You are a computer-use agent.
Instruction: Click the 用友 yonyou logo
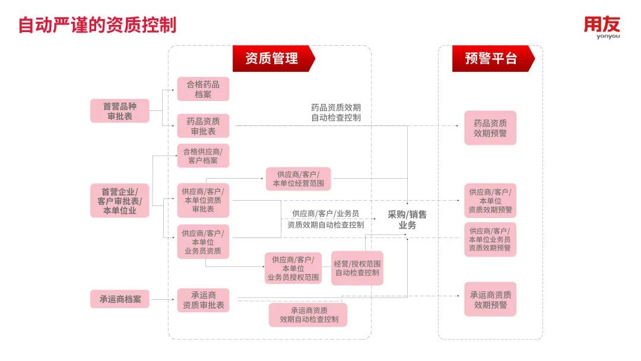(602, 27)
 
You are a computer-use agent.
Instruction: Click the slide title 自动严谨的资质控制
(97, 26)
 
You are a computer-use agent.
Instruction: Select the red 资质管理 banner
(272, 58)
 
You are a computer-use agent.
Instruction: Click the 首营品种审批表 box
(120, 111)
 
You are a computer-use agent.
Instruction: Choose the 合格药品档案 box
(203, 89)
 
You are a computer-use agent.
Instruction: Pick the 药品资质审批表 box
(203, 126)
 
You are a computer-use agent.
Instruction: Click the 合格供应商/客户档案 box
(203, 156)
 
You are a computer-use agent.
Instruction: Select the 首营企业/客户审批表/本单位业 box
(120, 201)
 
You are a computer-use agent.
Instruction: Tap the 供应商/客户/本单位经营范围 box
(298, 179)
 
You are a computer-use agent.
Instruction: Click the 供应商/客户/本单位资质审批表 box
(203, 200)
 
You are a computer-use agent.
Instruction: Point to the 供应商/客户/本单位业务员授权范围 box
(293, 268)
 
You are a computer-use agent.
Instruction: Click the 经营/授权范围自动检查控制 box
(357, 268)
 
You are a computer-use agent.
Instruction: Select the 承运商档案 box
(120, 299)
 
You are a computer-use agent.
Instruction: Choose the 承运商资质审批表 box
(203, 300)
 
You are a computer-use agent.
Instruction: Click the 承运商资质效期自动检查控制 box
(308, 315)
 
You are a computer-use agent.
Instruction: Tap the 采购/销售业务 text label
(407, 220)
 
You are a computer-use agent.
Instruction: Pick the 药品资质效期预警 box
(490, 128)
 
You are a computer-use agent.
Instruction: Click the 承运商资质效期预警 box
(490, 299)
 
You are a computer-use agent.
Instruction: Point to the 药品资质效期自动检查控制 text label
(336, 113)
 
